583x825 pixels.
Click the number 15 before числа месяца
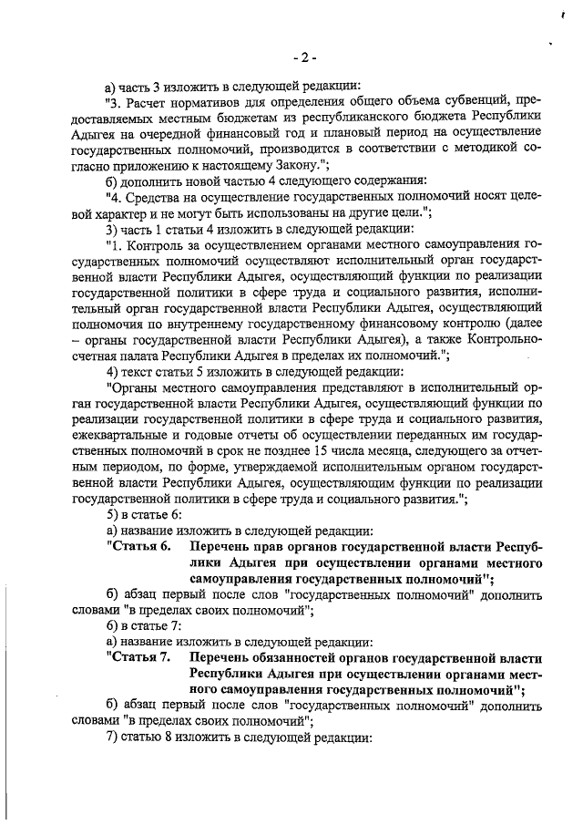[x=351, y=451]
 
